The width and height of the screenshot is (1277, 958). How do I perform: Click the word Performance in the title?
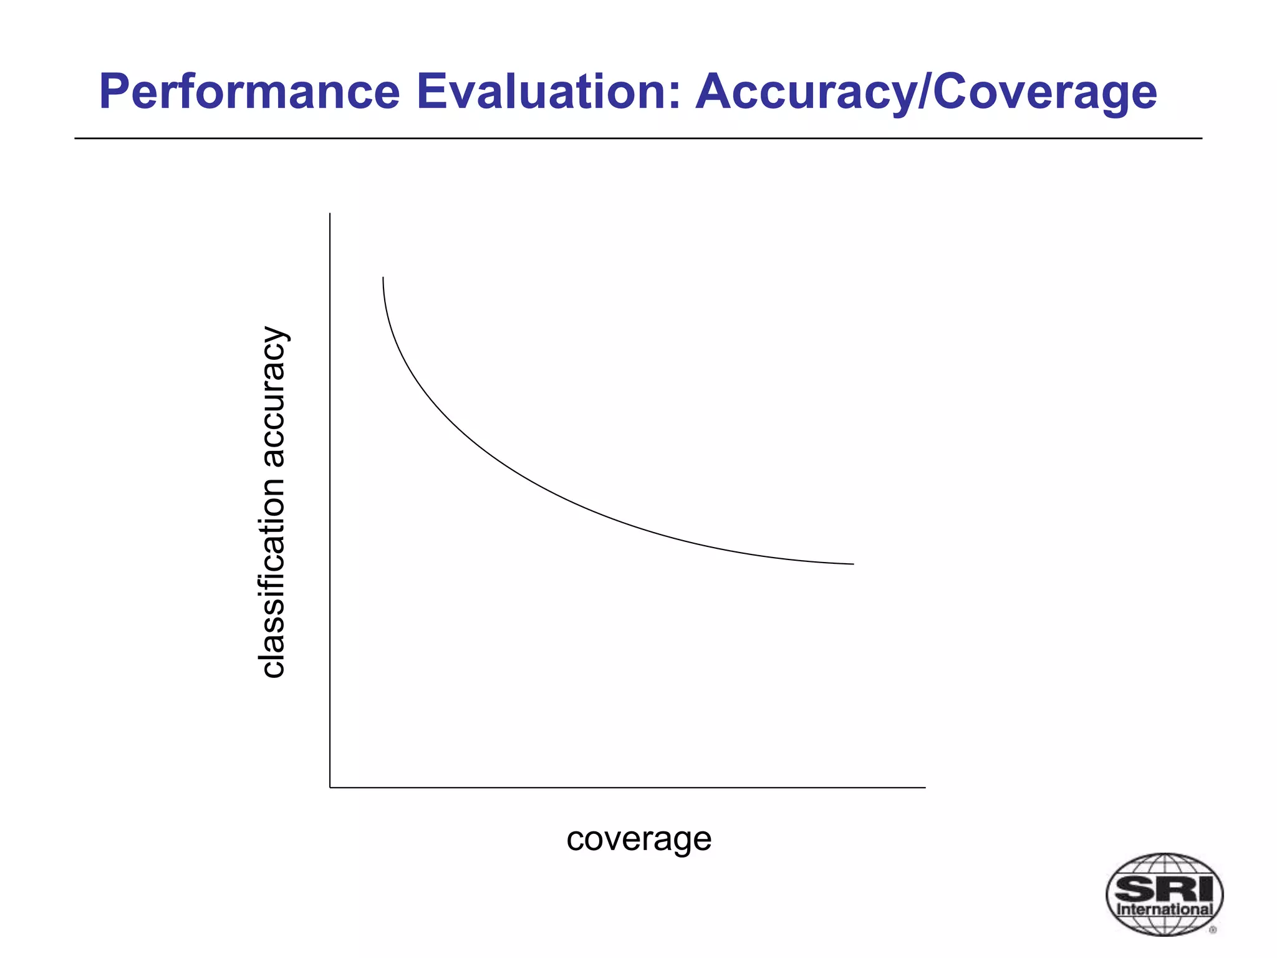[x=249, y=92]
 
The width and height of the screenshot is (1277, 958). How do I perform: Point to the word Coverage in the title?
[x=1044, y=92]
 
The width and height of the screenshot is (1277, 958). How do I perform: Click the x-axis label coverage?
[x=638, y=839]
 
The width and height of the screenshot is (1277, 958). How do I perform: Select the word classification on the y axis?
[x=273, y=578]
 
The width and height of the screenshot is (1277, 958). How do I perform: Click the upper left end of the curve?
[x=383, y=278]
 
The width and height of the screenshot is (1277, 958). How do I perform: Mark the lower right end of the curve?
[x=852, y=564]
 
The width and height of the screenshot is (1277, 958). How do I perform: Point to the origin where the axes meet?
[x=330, y=787]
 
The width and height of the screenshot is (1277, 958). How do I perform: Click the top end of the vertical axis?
[x=330, y=215]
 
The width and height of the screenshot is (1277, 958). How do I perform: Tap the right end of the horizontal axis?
[x=924, y=787]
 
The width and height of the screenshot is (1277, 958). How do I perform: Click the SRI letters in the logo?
[x=1164, y=887]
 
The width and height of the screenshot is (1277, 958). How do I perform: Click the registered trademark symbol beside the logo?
[x=1213, y=930]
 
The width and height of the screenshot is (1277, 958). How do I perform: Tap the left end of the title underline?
[x=76, y=138]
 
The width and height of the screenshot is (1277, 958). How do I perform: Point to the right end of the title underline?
[x=1200, y=138]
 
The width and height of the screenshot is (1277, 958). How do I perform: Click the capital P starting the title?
[x=113, y=92]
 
